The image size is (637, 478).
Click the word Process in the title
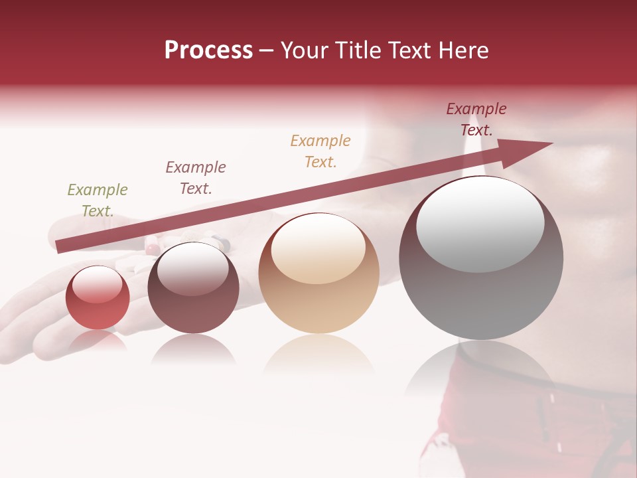pyautogui.click(x=208, y=50)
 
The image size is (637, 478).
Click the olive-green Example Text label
pyautogui.click(x=98, y=200)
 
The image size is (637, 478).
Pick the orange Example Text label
pyautogui.click(x=320, y=151)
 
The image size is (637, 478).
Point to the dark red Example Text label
pyautogui.click(x=476, y=119)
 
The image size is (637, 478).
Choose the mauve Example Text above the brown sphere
pyautogui.click(x=196, y=177)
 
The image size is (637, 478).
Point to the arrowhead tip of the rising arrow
pyautogui.click(x=551, y=143)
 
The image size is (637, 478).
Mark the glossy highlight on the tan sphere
pyautogui.click(x=318, y=248)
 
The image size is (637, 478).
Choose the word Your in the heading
pyautogui.click(x=303, y=50)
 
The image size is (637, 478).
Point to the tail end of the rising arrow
pyautogui.click(x=58, y=248)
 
